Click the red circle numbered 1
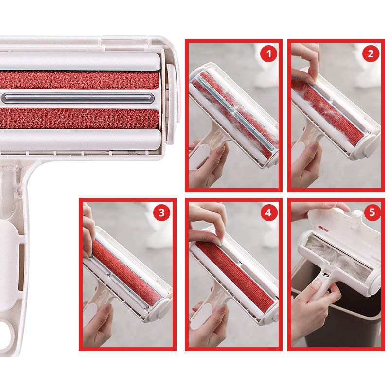click(269, 53)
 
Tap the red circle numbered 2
click(371, 53)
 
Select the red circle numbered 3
click(161, 212)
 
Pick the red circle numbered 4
click(268, 212)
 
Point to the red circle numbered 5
click(372, 212)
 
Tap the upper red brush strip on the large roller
click(79, 80)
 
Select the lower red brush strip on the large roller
click(79, 119)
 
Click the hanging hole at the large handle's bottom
click(6, 333)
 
